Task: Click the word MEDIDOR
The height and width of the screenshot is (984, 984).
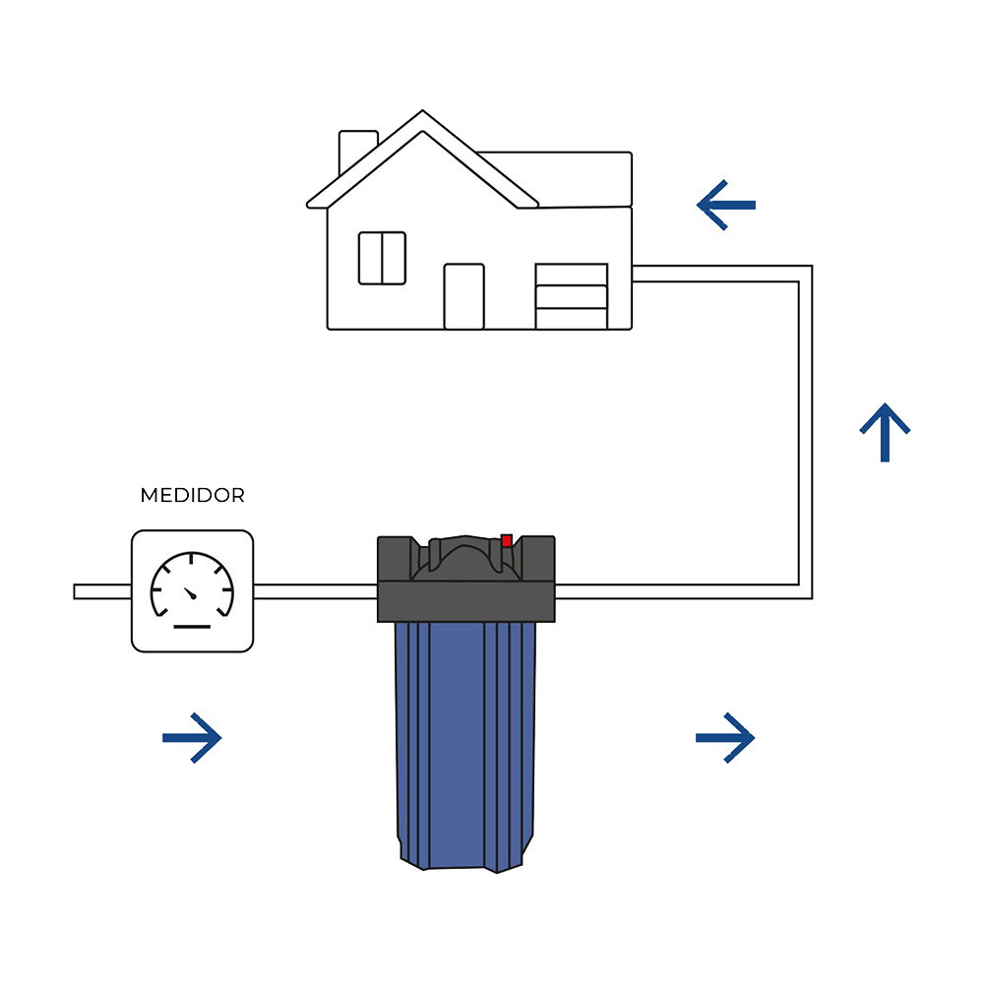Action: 192,495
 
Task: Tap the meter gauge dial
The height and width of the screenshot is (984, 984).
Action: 192,587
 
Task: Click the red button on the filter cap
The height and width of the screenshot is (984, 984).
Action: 507,540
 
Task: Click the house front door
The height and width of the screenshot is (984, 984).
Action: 463,296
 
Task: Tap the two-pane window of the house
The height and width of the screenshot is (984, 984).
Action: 382,258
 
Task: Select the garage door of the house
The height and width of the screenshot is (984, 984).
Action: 571,296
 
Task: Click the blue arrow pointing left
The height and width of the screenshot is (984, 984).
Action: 726,205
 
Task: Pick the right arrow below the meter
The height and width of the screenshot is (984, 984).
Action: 193,737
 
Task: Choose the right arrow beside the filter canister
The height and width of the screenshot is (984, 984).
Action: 726,737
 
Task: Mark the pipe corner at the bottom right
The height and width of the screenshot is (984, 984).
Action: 805,591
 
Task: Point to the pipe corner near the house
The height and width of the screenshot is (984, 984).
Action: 805,274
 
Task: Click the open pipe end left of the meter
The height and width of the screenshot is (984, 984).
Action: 78,591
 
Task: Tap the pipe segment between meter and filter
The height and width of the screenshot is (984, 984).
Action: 315,591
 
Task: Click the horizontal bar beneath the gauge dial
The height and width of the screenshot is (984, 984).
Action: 192,626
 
